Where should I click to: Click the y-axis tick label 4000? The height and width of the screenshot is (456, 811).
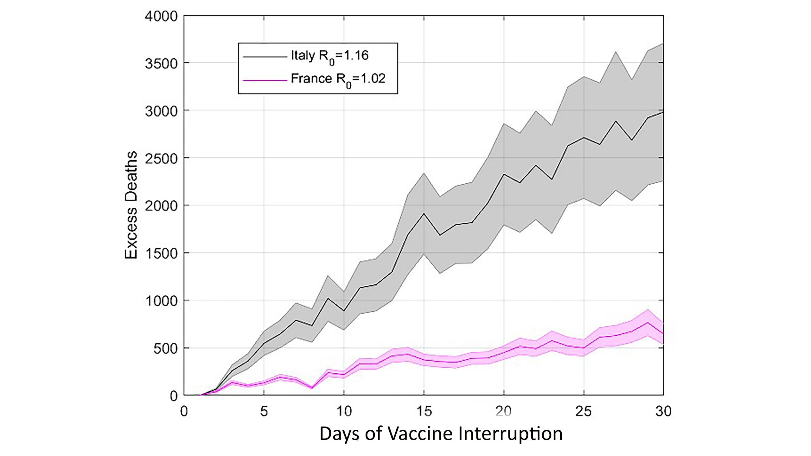(161, 16)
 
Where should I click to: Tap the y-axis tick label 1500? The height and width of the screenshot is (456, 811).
(161, 253)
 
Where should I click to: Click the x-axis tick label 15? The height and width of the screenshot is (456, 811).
(424, 411)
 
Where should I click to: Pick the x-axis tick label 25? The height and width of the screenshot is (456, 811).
(584, 411)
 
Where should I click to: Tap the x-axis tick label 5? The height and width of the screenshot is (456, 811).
(264, 411)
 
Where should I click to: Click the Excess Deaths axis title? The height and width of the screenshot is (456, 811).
(131, 205)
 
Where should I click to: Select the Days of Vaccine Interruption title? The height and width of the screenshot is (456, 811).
(441, 434)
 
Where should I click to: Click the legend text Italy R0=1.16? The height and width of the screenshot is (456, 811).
(329, 56)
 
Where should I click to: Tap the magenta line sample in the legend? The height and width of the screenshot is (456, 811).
(265, 80)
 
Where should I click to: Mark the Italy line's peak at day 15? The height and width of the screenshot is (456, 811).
(424, 213)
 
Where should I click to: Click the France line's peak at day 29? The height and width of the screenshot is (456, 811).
(647, 323)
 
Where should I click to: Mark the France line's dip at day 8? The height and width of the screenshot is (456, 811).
(312, 388)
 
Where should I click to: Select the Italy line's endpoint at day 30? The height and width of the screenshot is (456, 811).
(663, 112)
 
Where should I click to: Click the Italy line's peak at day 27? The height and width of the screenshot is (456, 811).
(616, 121)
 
